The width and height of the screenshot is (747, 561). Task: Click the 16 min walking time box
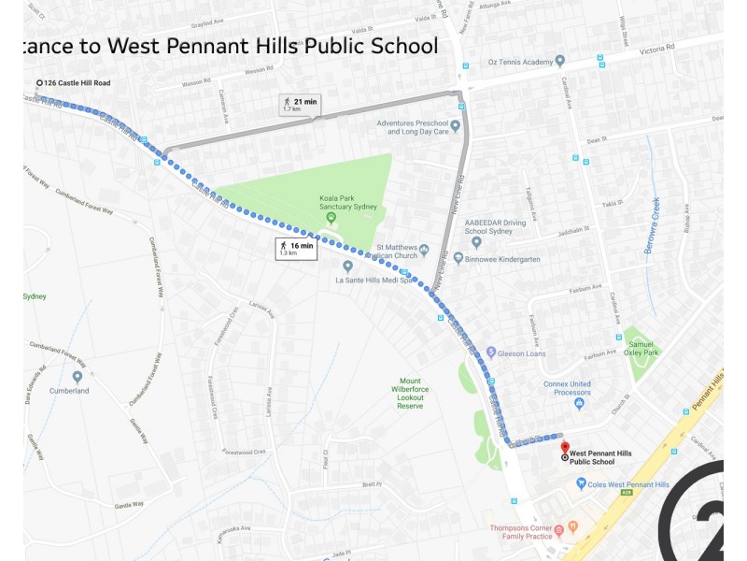(296, 248)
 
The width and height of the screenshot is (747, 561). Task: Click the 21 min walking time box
(298, 104)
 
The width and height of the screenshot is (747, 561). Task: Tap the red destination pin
(564, 437)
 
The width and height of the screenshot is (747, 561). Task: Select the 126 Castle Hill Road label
(77, 83)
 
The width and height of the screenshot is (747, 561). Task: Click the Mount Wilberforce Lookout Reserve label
(410, 394)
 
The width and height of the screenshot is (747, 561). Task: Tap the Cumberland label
(69, 390)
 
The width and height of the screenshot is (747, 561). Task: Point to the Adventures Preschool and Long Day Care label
(412, 127)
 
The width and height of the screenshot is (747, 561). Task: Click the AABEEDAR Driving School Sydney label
(496, 226)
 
